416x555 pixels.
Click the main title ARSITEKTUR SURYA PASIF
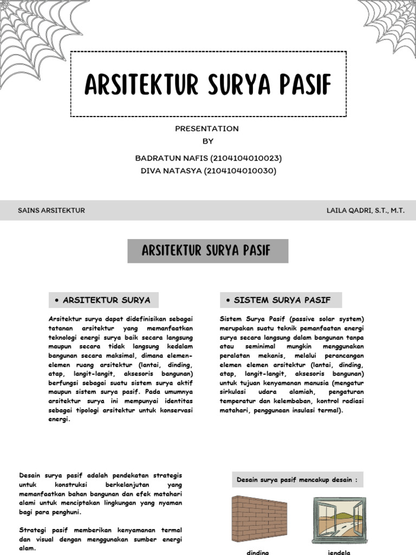pyautogui.click(x=208, y=85)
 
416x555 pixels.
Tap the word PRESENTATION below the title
pyautogui.click(x=207, y=128)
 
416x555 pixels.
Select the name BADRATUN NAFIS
pyautogui.click(x=168, y=158)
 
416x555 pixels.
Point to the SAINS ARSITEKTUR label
pyautogui.click(x=51, y=210)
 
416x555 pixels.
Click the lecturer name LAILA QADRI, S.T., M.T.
pyautogui.click(x=365, y=210)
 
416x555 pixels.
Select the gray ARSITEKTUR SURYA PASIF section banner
pyautogui.click(x=208, y=251)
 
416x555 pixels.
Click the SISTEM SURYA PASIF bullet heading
pyautogui.click(x=281, y=300)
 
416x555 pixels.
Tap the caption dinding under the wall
pyautogui.click(x=258, y=552)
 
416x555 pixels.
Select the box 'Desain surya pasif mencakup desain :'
pyautogui.click(x=297, y=480)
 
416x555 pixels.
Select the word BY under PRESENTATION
pyautogui.click(x=208, y=141)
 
